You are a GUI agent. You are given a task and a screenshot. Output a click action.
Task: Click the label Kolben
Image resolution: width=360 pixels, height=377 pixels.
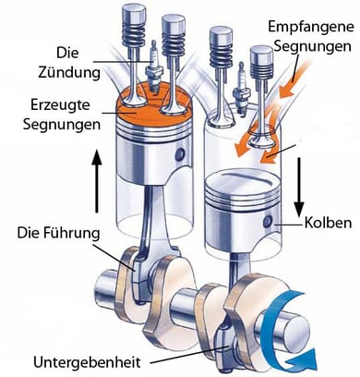pyautogui.click(x=328, y=223)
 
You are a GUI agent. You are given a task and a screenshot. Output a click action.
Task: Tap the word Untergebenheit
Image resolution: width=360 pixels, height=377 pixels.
pyautogui.click(x=87, y=362)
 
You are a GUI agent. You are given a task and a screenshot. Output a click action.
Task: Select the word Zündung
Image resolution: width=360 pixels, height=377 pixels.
pyautogui.click(x=69, y=73)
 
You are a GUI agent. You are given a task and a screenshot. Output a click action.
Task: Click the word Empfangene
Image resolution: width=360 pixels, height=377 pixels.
pyautogui.click(x=311, y=28)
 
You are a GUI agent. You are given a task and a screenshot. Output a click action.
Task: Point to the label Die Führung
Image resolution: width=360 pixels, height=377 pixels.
pyautogui.click(x=58, y=233)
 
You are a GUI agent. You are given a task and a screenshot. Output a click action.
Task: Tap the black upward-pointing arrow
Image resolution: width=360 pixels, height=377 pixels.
pyautogui.click(x=97, y=181)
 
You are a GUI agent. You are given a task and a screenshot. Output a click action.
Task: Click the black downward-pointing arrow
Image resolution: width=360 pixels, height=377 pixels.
pyautogui.click(x=298, y=188)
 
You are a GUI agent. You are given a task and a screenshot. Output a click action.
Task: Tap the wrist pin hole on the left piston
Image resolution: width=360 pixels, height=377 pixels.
pyautogui.click(x=180, y=154)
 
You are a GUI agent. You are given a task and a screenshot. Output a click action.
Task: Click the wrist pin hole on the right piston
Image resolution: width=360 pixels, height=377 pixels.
pyautogui.click(x=268, y=222)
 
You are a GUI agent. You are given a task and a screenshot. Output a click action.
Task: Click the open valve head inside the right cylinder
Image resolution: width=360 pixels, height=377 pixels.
pyautogui.click(x=261, y=141)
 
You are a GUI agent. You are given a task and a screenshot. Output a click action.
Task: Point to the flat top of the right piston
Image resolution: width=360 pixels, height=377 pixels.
pyautogui.click(x=242, y=179)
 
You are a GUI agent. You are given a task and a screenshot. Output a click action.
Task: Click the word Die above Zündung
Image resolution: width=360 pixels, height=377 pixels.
pyautogui.click(x=67, y=53)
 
